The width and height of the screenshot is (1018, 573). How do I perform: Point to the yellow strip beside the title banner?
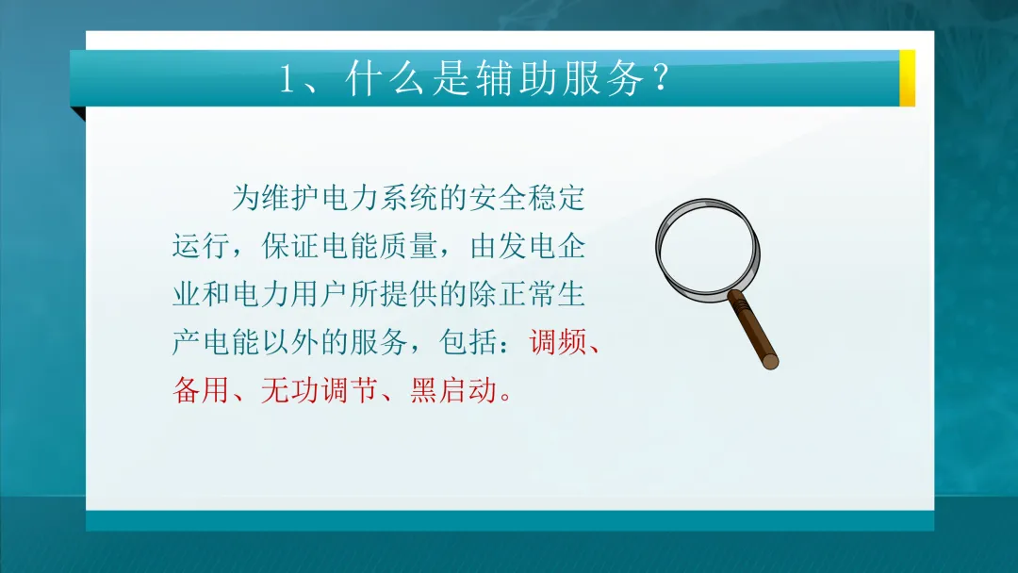click(907, 78)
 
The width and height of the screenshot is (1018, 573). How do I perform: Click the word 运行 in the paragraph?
click(202, 247)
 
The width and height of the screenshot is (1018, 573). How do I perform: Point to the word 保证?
click(290, 247)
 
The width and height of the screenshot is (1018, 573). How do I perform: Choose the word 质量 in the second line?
click(408, 247)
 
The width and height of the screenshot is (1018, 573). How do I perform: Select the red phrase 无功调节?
click(320, 388)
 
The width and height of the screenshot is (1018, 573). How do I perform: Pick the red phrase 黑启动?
click(452, 388)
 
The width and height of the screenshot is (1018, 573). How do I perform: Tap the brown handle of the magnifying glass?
click(755, 330)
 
